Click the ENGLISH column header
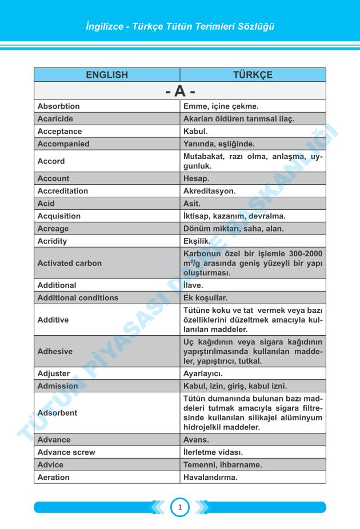[107, 75]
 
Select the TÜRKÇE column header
[253, 75]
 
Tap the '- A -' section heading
[180, 91]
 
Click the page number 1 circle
[179, 507]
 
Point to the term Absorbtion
[58, 106]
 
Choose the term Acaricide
[55, 119]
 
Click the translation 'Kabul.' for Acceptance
[195, 132]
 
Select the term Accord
[51, 161]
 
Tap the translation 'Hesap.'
[197, 178]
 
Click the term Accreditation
[63, 191]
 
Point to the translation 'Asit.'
[192, 204]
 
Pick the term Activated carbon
[69, 263]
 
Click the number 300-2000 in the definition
[303, 253]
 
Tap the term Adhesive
[55, 352]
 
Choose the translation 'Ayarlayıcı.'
[203, 374]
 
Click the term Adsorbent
[57, 412]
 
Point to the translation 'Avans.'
[196, 440]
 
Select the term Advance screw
[66, 452]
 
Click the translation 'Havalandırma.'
[210, 478]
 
